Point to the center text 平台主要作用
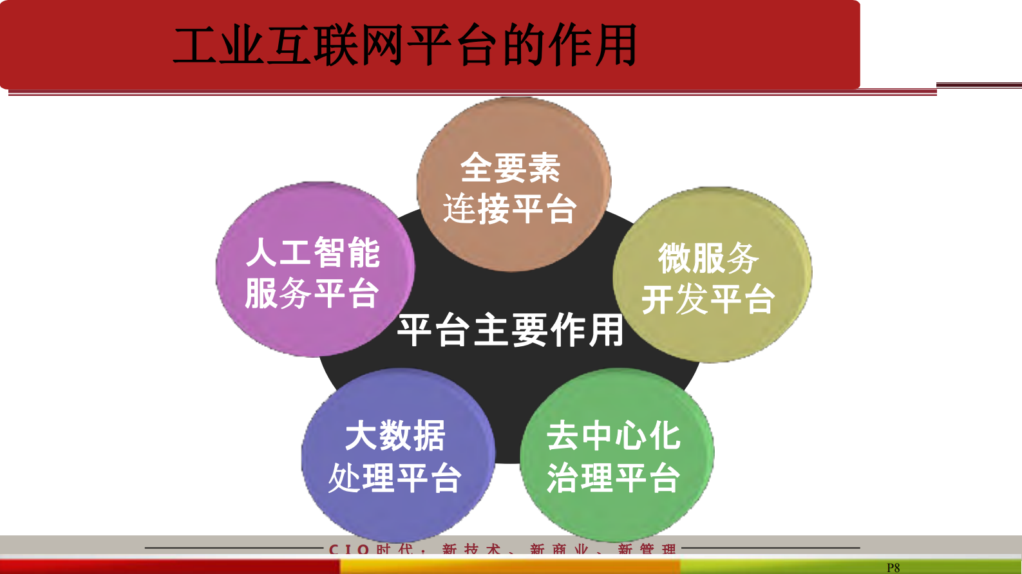510,331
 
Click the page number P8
893,568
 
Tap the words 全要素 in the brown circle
510,168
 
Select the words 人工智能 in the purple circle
313,252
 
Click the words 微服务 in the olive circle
708,259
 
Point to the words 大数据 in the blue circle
395,436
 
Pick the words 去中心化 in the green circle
614,436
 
